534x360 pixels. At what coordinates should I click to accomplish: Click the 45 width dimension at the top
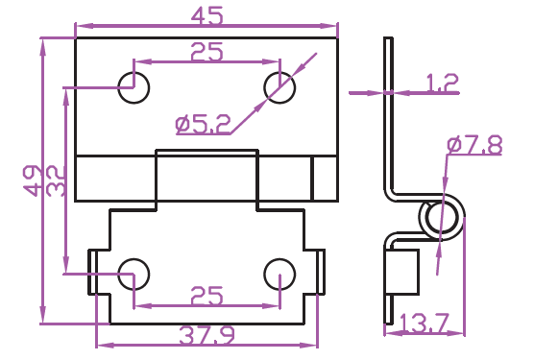point(206,15)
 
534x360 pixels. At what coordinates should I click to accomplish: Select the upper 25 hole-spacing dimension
point(206,52)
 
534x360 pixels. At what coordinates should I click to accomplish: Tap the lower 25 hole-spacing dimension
point(206,296)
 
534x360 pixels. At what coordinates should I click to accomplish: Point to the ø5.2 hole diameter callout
point(203,125)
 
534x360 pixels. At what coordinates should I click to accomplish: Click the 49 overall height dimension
point(31,180)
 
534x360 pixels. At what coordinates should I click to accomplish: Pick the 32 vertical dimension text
point(55,180)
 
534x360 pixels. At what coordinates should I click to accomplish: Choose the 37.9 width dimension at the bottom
point(206,335)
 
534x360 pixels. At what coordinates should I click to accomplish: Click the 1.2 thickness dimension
point(443,84)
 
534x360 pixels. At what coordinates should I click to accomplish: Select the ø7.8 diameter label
point(474,145)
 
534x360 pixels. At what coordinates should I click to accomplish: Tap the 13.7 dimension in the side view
point(425,323)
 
